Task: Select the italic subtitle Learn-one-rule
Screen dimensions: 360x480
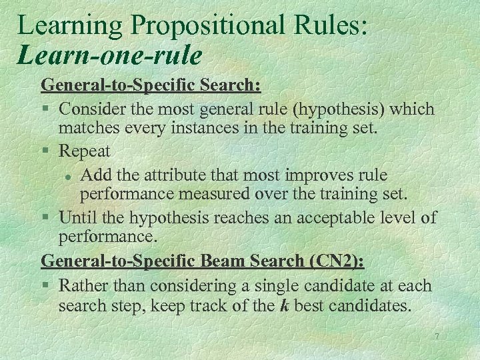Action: pos(110,55)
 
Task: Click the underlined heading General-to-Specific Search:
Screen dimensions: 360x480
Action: pos(151,86)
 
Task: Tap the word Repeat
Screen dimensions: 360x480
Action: pos(85,151)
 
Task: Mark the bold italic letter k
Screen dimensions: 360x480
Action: pos(283,306)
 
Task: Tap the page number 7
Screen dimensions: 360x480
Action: pos(436,337)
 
